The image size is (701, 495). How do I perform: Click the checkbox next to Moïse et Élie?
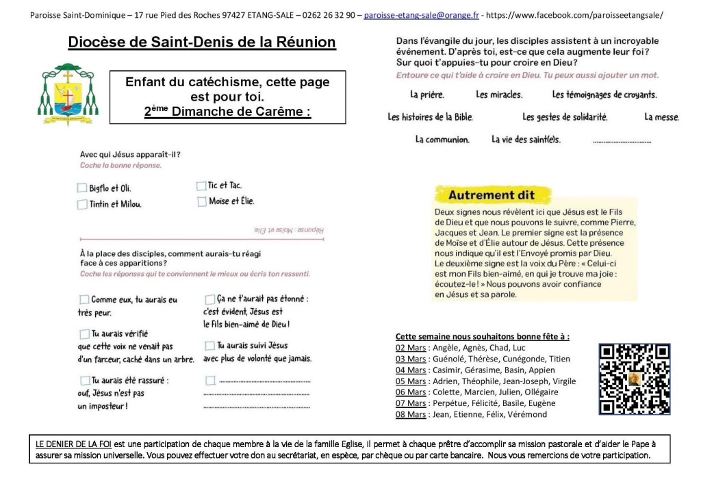[201, 201]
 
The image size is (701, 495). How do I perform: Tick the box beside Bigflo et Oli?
[82, 188]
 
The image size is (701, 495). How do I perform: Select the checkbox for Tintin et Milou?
[82, 203]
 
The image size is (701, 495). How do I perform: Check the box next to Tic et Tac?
[201, 186]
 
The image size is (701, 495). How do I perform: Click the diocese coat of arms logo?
[65, 94]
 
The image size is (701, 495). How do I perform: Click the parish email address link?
[421, 14]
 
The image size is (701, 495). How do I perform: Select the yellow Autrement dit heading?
[491, 195]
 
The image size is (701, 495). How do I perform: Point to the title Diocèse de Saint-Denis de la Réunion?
[202, 42]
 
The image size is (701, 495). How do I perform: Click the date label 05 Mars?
[411, 381]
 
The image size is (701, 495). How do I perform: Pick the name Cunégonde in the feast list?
[525, 359]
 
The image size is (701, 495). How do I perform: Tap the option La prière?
[426, 94]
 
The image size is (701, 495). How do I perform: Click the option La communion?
[442, 140]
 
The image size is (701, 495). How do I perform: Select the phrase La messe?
[661, 117]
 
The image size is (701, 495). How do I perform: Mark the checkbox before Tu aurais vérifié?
[84, 333]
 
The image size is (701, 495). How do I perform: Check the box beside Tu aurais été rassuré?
[84, 380]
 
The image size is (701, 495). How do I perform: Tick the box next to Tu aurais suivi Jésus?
[209, 346]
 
